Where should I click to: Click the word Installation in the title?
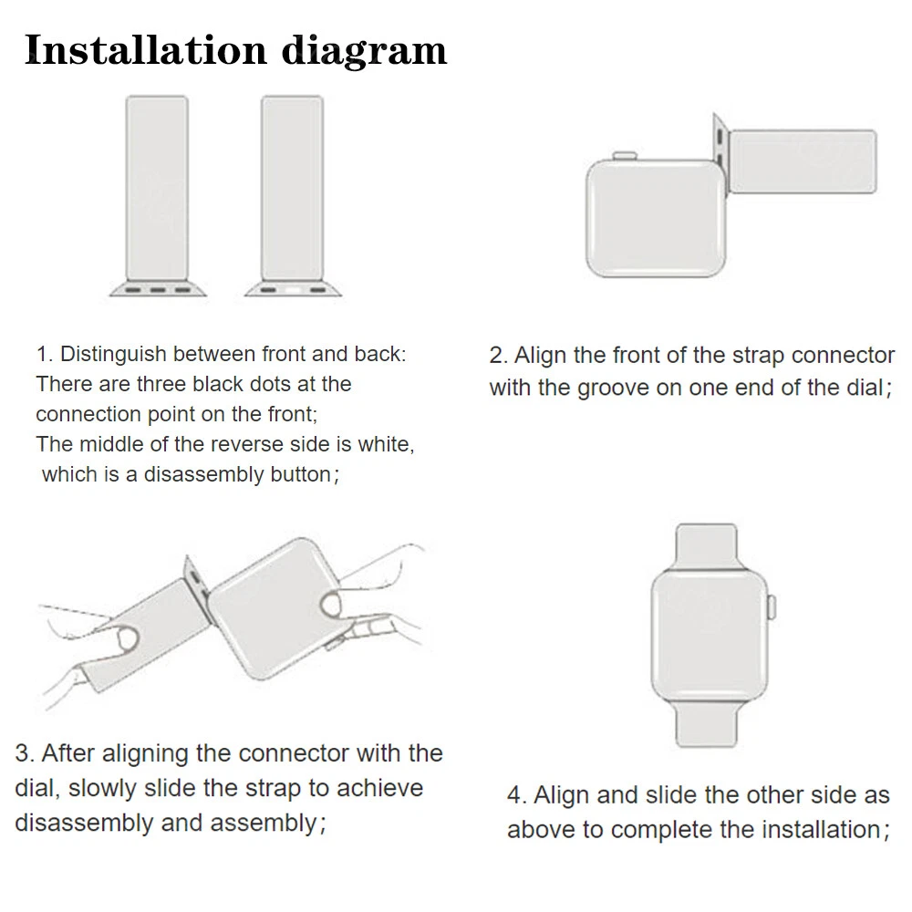[146, 50]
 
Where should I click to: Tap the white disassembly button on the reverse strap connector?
[293, 290]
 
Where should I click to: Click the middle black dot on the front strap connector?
[158, 290]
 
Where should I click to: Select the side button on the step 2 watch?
[625, 155]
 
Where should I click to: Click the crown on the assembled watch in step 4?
[772, 606]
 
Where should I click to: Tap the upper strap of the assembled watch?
[707, 546]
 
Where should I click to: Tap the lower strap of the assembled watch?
[707, 723]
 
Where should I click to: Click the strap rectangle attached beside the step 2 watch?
[803, 161]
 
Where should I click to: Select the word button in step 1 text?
[300, 474]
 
